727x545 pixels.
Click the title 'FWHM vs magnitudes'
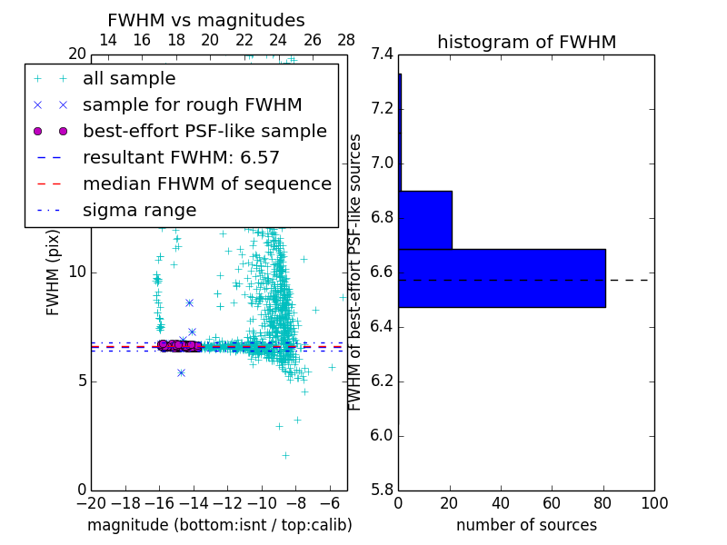pyautogui.click(x=206, y=20)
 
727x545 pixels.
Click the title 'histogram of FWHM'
pyautogui.click(x=526, y=42)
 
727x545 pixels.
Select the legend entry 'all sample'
pyautogui.click(x=129, y=79)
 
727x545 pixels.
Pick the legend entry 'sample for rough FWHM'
pyautogui.click(x=192, y=104)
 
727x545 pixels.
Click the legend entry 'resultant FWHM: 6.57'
pyautogui.click(x=181, y=157)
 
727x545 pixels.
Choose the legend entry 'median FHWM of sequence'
pyautogui.click(x=206, y=183)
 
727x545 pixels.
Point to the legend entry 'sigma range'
pyautogui.click(x=139, y=210)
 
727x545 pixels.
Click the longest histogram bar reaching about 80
pyautogui.click(x=502, y=278)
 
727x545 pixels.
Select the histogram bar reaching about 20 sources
pyautogui.click(x=425, y=220)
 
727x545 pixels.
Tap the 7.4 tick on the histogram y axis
pyautogui.click(x=381, y=54)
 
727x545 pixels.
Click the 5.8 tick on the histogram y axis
pyautogui.click(x=381, y=490)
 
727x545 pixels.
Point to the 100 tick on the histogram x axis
pyautogui.click(x=653, y=503)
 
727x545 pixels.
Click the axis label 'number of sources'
pyautogui.click(x=526, y=525)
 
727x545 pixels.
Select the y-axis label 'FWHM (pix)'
pyautogui.click(x=54, y=272)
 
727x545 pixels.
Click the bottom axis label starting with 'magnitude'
pyautogui.click(x=219, y=525)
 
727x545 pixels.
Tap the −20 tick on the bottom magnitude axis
pyautogui.click(x=91, y=503)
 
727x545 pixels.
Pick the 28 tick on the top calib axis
pyautogui.click(x=346, y=40)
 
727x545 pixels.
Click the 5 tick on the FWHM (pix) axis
pyautogui.click(x=79, y=381)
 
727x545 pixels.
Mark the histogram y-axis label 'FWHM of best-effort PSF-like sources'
pyautogui.click(x=356, y=272)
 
